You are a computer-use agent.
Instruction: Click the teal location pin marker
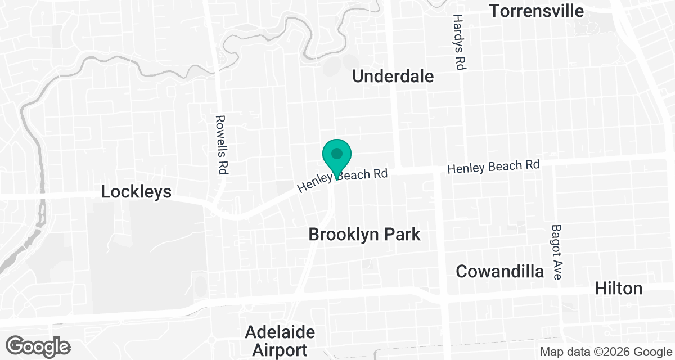[x=337, y=157]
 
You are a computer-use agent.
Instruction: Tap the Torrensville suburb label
[x=537, y=11]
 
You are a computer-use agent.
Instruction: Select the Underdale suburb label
[x=393, y=76]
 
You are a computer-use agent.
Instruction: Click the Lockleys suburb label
[x=136, y=192]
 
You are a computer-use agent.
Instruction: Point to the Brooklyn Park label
[x=364, y=234]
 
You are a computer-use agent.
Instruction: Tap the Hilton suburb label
[x=619, y=288]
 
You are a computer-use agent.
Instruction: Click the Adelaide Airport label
[x=280, y=340]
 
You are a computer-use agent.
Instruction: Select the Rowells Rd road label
[x=221, y=145]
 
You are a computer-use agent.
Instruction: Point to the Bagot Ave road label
[x=556, y=252]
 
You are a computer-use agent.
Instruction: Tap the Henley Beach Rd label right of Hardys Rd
[x=493, y=166]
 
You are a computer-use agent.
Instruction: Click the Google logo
[x=38, y=345]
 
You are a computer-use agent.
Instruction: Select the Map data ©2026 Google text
[x=605, y=352]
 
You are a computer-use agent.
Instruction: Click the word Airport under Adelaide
[x=280, y=349]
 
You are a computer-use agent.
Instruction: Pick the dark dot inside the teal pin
[x=337, y=153]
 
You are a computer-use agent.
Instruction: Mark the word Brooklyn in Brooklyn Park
[x=344, y=234]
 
